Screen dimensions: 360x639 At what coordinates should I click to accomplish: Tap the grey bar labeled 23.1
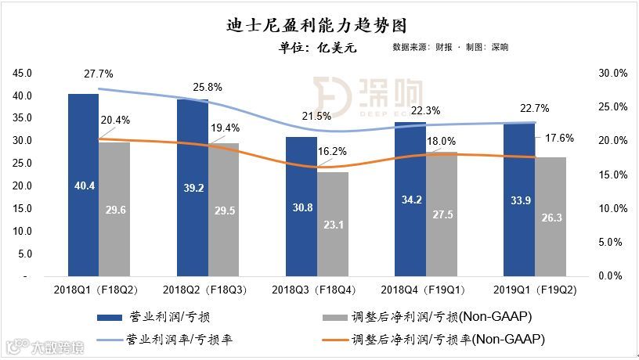pos(333,224)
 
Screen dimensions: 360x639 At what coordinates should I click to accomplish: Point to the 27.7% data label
pos(99,74)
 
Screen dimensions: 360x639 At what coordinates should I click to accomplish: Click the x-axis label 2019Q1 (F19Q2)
pos(535,291)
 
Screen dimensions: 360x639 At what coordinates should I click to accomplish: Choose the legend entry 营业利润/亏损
pos(161,318)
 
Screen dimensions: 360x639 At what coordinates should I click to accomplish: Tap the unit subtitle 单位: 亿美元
pos(318,48)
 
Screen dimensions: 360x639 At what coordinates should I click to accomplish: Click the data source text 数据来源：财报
pos(422,48)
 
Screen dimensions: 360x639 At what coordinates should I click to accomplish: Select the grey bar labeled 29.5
pos(223,209)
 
